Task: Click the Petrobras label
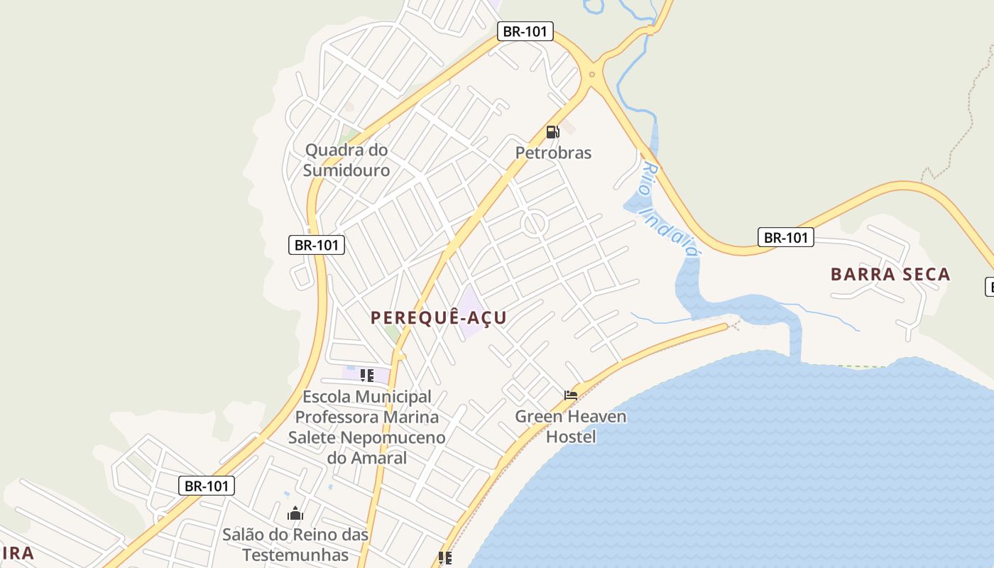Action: [553, 153]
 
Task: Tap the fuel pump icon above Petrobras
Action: [552, 131]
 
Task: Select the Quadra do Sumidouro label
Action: [346, 160]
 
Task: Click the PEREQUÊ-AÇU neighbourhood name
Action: [439, 317]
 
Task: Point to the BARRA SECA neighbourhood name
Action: [890, 274]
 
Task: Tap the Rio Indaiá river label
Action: [669, 209]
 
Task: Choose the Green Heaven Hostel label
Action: [571, 426]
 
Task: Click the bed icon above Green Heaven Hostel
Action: [571, 395]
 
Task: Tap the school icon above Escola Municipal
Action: [366, 375]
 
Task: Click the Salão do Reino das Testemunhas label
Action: [295, 544]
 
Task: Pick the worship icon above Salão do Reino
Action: [295, 513]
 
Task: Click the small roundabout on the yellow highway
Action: [592, 75]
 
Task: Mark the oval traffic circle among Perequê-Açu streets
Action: [534, 224]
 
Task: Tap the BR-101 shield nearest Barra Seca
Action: [785, 237]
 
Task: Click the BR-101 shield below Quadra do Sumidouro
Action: [317, 245]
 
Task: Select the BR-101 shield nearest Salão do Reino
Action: [206, 486]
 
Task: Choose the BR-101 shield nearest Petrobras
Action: [525, 31]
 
